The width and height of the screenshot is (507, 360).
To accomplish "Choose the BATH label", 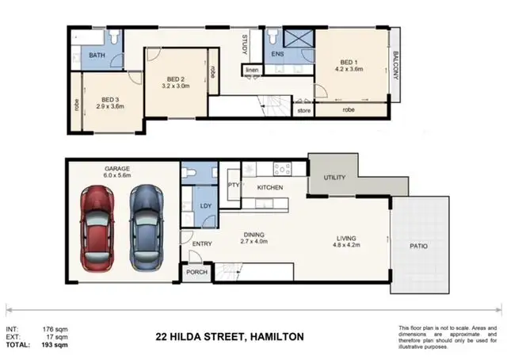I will tap(97, 56).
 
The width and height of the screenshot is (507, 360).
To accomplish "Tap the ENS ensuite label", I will tap(278, 55).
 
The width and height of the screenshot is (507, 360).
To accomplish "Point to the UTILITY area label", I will tap(335, 178).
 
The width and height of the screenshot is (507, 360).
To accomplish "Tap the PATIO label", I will tap(418, 247).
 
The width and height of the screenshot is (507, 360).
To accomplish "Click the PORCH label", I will tap(196, 272).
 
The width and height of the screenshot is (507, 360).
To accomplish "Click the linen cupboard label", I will tap(252, 71).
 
